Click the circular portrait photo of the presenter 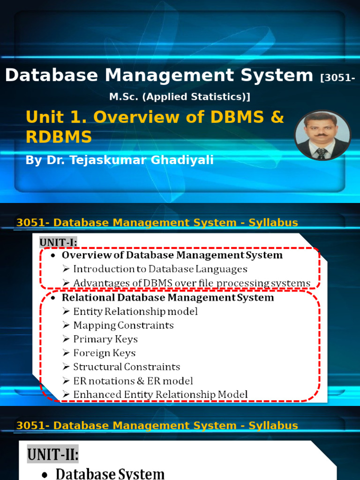tap(322, 135)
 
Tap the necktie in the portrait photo tap(321, 153)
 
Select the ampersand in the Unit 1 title tap(277, 117)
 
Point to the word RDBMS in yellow tap(59, 137)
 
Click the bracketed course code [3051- tap(337, 77)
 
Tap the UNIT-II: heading tap(52, 454)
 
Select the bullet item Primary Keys tap(105, 339)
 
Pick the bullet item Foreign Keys tap(105, 353)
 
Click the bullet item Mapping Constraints tap(123, 325)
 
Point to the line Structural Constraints tap(127, 367)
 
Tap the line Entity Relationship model tap(135, 311)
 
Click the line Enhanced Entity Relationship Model tap(160, 395)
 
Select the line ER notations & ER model tap(133, 381)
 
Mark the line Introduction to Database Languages tap(160, 269)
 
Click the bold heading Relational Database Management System tap(168, 297)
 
